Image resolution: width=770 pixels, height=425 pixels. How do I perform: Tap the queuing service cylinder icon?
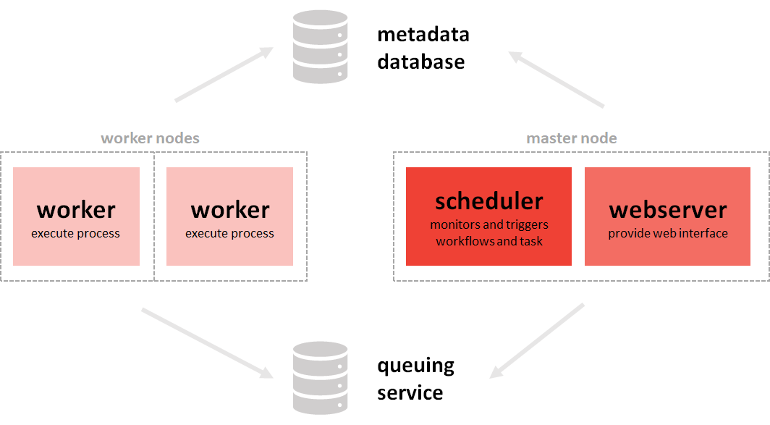point(320,377)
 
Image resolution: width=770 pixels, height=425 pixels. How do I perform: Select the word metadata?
point(423,34)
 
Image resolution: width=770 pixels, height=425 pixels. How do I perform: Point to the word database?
point(420,62)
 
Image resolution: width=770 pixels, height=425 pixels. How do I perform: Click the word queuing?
point(416,366)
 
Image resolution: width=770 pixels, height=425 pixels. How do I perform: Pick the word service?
point(410,392)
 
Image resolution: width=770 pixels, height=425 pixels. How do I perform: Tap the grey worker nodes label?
point(150,138)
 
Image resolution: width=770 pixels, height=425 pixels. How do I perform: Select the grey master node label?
point(572,138)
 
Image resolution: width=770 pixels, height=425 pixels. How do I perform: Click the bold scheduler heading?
point(488,201)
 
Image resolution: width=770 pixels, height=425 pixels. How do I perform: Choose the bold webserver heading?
point(667,210)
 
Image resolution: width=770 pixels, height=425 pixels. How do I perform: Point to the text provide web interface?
point(667,233)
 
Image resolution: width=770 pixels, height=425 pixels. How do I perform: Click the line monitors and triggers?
point(488,224)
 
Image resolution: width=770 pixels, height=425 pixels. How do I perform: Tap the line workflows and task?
point(488,241)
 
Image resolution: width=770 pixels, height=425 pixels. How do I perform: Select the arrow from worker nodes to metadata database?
point(223,75)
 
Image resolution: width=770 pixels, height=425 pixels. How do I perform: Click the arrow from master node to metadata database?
point(557,80)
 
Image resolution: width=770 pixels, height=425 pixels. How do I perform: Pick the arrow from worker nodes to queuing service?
point(207,343)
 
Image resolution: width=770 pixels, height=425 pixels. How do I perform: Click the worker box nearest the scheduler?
point(229,216)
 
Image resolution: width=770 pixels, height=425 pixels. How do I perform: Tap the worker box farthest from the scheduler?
point(76,216)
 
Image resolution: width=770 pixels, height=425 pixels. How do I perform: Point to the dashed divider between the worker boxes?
point(154,216)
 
